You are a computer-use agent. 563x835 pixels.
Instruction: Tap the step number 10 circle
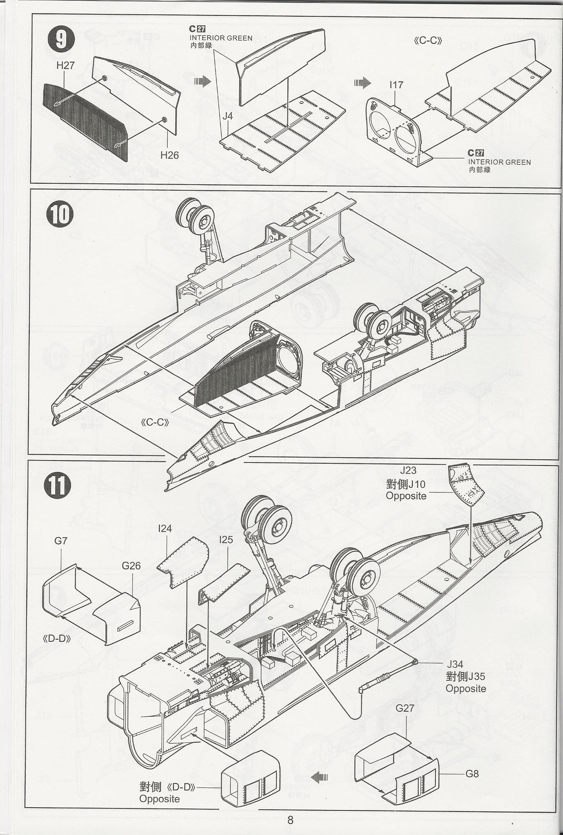tap(60, 215)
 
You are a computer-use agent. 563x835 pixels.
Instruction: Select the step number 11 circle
tap(58, 485)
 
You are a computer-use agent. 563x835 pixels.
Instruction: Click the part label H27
tap(65, 65)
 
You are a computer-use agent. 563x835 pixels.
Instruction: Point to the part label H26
tap(169, 155)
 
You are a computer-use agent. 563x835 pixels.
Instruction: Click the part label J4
tap(228, 116)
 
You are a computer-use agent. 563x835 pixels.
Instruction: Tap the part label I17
tap(396, 85)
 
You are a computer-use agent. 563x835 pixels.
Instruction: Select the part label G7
tap(61, 541)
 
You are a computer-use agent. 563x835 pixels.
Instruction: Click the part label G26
tap(131, 566)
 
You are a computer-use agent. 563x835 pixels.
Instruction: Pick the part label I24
tap(165, 528)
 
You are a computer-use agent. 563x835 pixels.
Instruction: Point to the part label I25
tap(226, 540)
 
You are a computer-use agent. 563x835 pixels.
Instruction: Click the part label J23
tap(408, 471)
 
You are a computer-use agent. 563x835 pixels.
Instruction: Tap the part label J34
tap(455, 664)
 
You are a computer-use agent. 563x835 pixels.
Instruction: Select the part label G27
tap(405, 708)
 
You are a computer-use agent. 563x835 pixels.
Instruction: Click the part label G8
tap(472, 774)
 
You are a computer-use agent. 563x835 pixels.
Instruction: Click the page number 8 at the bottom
tap(290, 819)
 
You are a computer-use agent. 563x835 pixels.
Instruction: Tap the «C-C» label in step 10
tap(155, 422)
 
